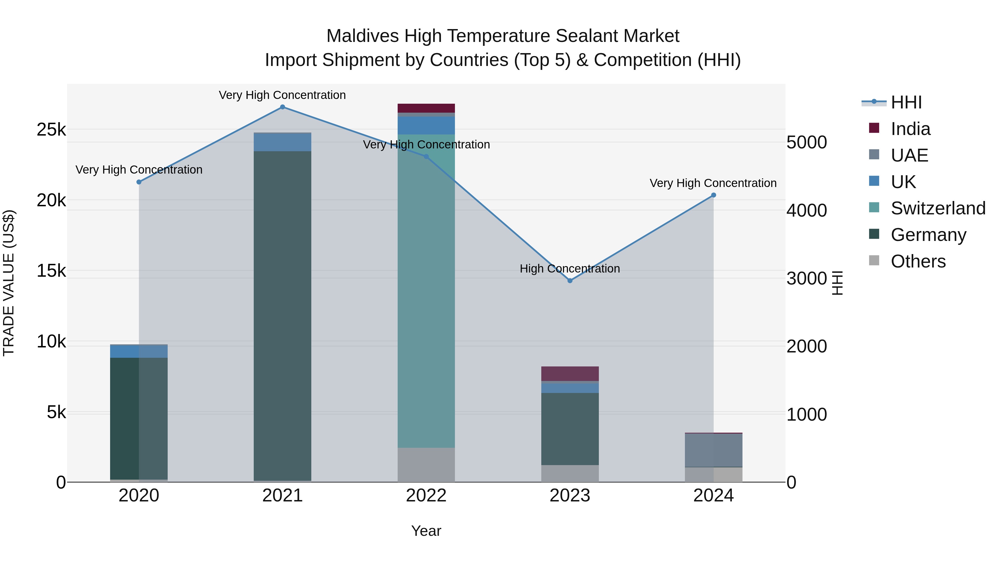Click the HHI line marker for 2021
click(282, 107)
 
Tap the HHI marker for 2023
click(570, 280)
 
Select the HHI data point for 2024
click(713, 195)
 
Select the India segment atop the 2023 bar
click(570, 373)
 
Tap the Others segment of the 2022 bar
click(426, 465)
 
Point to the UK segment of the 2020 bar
click(139, 351)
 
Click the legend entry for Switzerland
click(938, 208)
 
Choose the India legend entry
click(910, 129)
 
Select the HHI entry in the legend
click(906, 102)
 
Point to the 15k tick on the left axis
click(51, 271)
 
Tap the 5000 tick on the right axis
click(806, 142)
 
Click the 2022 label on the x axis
click(426, 496)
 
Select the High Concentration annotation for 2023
click(570, 269)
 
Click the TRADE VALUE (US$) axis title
click(9, 283)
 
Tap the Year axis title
click(426, 531)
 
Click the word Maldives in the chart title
click(362, 36)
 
